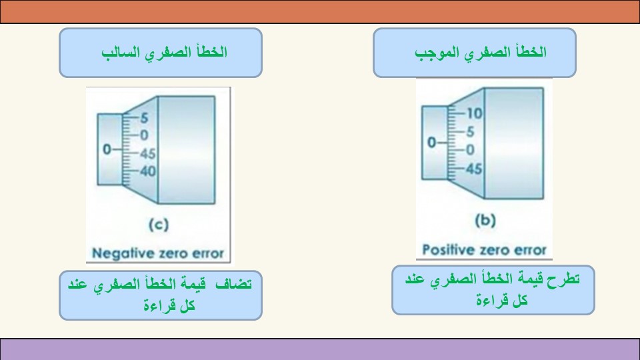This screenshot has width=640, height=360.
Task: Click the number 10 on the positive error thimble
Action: pos(474,113)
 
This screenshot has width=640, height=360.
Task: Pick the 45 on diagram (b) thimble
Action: pos(474,169)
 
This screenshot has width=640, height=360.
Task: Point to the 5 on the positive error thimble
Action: pos(470,132)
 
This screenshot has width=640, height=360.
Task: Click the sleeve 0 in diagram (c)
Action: pos(107,149)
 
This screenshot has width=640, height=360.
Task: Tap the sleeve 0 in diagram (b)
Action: pos(431,143)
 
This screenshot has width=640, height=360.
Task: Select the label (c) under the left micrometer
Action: pos(159,225)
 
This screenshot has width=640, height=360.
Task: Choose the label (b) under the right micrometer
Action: pos(485,221)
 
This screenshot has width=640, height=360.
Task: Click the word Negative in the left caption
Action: pos(116,253)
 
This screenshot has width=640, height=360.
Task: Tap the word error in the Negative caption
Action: pos(208,254)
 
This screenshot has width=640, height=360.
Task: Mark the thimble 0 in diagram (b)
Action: pos(470,150)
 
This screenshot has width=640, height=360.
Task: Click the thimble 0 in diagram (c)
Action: pos(144,135)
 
